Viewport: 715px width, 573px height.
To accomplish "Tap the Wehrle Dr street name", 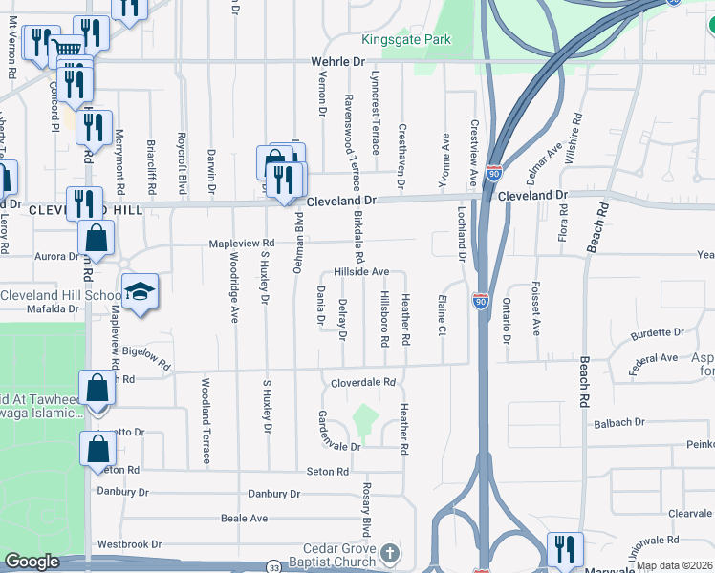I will coord(337,60).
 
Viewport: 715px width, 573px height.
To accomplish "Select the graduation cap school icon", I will coord(140,294).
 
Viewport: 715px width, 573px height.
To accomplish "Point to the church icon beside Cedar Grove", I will coord(390,553).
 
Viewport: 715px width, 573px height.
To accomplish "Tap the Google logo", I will coord(32,562).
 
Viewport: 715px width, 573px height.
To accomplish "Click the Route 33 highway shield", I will coord(274,565).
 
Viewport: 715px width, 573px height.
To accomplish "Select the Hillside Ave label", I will coord(361,272).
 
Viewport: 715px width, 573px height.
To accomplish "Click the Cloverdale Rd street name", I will coord(363,382).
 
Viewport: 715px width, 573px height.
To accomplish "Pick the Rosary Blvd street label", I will coord(366,508).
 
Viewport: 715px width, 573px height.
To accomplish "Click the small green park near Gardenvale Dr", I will coord(362,418).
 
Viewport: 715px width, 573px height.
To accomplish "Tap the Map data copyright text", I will coord(675,565).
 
